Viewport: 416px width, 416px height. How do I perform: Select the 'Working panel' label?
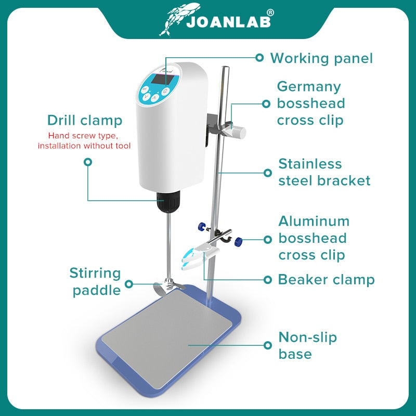coord(321,58)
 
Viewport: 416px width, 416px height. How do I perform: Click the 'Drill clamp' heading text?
coord(85,121)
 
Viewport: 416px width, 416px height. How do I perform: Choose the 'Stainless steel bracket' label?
coord(324,172)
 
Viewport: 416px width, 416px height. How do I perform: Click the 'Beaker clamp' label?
coord(326,279)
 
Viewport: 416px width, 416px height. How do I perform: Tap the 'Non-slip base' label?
coord(307,345)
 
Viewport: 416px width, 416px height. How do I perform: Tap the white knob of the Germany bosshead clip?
coord(239,131)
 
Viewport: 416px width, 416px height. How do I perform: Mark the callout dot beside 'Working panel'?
coord(259,58)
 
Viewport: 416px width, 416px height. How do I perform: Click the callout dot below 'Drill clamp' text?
coord(88,162)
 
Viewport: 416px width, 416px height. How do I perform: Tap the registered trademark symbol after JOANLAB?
coord(269,12)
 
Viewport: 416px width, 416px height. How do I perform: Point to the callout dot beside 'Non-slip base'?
coord(268,345)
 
